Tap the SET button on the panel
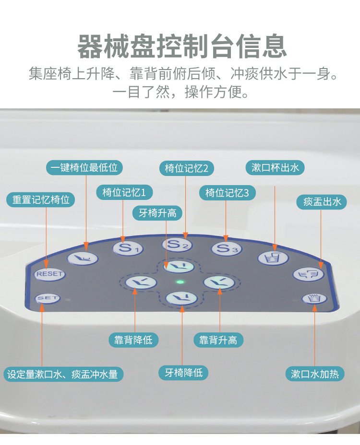(x=48, y=298)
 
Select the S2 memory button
(x=177, y=245)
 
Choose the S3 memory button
(x=227, y=248)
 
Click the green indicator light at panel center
(x=180, y=282)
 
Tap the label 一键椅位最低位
(x=84, y=167)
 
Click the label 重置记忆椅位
(x=41, y=199)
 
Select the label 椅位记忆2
(x=186, y=168)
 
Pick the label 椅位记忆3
(x=228, y=193)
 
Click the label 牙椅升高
(x=157, y=213)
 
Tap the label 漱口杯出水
(x=276, y=167)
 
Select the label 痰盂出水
(x=322, y=201)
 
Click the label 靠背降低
(x=133, y=340)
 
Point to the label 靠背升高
(x=218, y=340)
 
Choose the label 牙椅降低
(x=184, y=372)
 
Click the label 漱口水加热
(x=315, y=374)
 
